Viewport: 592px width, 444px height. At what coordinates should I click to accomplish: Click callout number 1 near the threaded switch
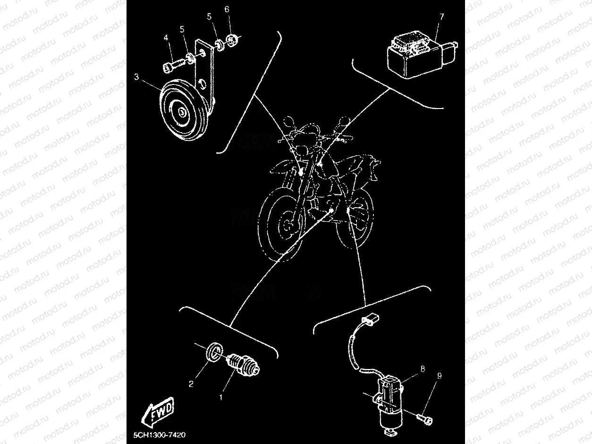220,398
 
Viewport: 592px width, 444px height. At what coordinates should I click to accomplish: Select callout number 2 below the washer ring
191,384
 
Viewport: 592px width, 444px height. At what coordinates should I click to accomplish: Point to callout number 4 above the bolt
166,37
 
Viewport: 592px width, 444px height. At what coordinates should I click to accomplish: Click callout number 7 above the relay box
441,17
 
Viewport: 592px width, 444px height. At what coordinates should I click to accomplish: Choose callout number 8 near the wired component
423,369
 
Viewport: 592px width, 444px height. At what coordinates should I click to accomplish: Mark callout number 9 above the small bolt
440,376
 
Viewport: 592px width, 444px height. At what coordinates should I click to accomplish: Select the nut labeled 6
232,39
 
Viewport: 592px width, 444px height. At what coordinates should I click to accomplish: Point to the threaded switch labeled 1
244,366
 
